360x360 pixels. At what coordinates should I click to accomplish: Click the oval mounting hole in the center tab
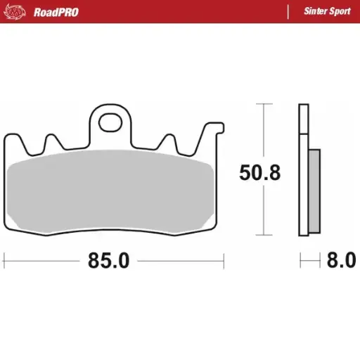pos(110,122)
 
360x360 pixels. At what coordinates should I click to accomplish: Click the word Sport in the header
pos(340,12)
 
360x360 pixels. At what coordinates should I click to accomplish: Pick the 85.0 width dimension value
pos(109,261)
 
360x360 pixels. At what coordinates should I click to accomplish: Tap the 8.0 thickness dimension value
pos(342,261)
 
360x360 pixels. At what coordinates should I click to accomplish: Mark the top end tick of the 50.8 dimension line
pos(264,104)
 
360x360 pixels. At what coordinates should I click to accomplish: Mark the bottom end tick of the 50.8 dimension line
pos(264,234)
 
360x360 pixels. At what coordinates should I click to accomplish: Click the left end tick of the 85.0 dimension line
pos(4,261)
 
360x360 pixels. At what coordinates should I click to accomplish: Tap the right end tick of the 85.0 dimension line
pos(223,261)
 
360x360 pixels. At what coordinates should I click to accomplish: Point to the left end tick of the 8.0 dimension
pos(300,261)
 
